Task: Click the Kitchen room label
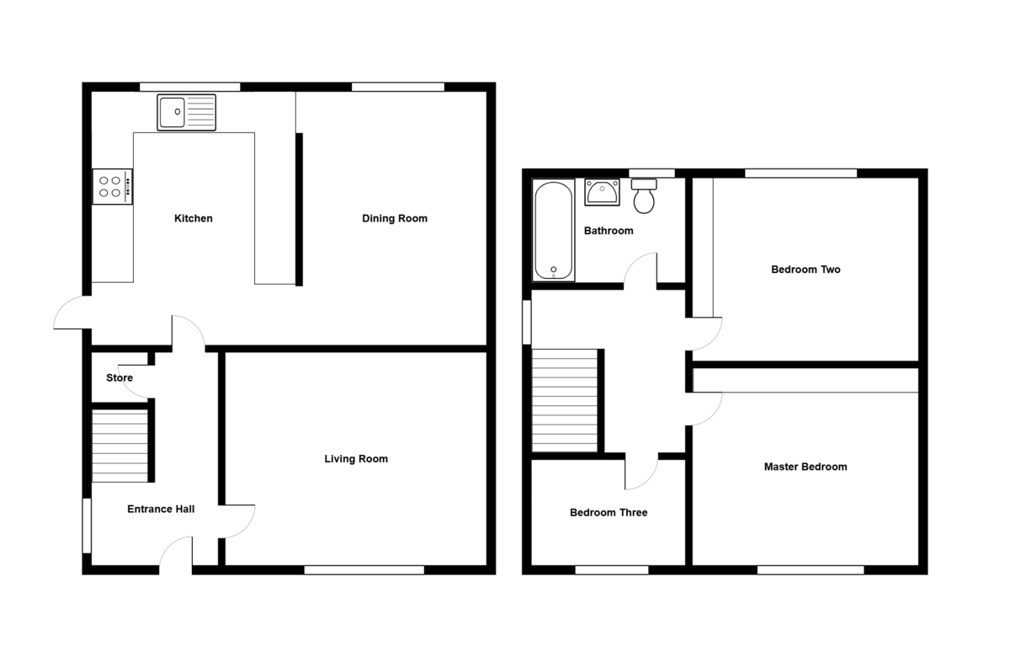tap(193, 219)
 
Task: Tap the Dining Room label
tap(394, 219)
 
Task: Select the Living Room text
tap(356, 459)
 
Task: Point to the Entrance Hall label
tap(161, 510)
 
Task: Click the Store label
tap(120, 378)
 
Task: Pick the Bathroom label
tap(609, 231)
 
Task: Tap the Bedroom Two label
tap(805, 270)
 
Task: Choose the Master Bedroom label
tap(805, 467)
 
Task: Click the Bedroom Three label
tap(609, 512)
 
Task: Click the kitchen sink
tap(186, 112)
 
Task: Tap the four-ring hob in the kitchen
tap(112, 186)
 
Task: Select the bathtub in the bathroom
tap(554, 230)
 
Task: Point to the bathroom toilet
tap(645, 197)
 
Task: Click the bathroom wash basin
tap(602, 193)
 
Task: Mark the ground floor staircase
tap(120, 446)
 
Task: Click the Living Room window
tap(364, 570)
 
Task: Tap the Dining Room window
tap(397, 86)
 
